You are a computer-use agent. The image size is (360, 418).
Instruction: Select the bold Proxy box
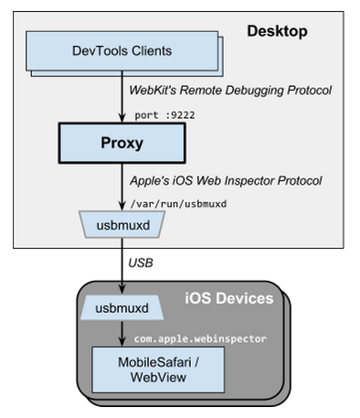tap(122, 144)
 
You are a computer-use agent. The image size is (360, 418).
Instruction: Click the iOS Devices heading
tap(228, 299)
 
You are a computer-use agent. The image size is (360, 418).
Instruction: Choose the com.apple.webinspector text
tap(194, 338)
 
